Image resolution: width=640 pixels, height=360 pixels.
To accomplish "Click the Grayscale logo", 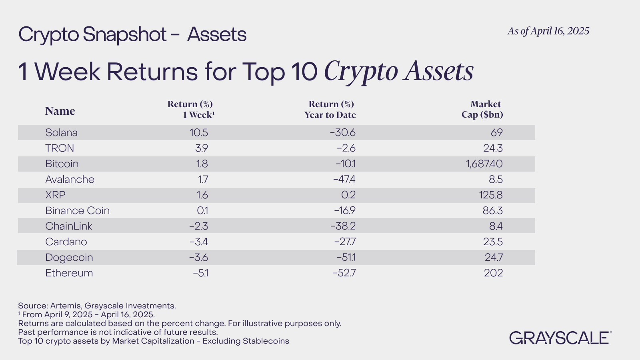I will (x=560, y=338).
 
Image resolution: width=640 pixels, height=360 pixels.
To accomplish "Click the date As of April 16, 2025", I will (x=548, y=31).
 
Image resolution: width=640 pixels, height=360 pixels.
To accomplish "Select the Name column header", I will (x=60, y=111).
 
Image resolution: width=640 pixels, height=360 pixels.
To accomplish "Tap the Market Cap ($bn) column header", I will (x=482, y=109).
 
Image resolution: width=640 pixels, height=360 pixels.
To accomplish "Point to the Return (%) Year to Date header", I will (x=330, y=109).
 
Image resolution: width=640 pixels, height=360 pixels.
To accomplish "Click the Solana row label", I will (x=61, y=132).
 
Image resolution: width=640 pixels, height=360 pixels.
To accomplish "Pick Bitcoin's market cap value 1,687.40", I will (x=484, y=164).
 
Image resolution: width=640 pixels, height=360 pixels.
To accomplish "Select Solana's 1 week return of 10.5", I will (x=199, y=132).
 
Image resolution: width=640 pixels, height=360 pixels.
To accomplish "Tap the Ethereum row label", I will (x=69, y=273).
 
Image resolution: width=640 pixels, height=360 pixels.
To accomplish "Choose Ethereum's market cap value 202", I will (x=493, y=273).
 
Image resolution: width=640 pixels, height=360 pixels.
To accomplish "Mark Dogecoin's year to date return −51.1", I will (x=346, y=257).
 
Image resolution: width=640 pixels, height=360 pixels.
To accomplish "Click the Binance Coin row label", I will (x=77, y=210).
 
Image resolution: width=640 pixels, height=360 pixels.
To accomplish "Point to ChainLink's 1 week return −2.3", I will (x=198, y=226).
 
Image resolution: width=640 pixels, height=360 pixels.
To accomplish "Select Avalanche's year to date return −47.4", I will (x=344, y=179).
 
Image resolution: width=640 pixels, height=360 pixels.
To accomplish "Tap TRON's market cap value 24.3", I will (x=493, y=148).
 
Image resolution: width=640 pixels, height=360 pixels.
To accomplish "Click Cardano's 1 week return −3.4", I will (x=198, y=242).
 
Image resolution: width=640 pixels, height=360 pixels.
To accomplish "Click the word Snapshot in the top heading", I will (x=124, y=34).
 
